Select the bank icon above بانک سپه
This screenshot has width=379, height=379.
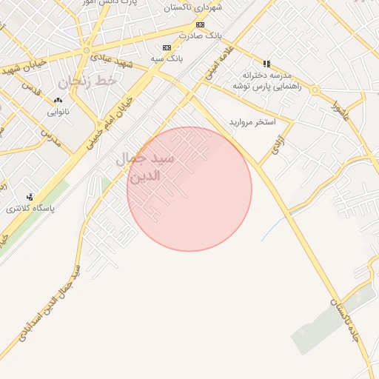[167, 47]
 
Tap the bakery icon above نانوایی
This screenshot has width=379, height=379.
[58, 101]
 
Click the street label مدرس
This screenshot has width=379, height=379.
[50, 138]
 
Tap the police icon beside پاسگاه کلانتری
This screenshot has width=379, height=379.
[30, 197]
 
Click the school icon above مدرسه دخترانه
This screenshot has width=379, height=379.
[266, 64]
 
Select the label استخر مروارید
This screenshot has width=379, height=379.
[252, 121]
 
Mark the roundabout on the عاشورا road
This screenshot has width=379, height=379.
[315, 90]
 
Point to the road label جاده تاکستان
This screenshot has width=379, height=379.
[345, 321]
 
